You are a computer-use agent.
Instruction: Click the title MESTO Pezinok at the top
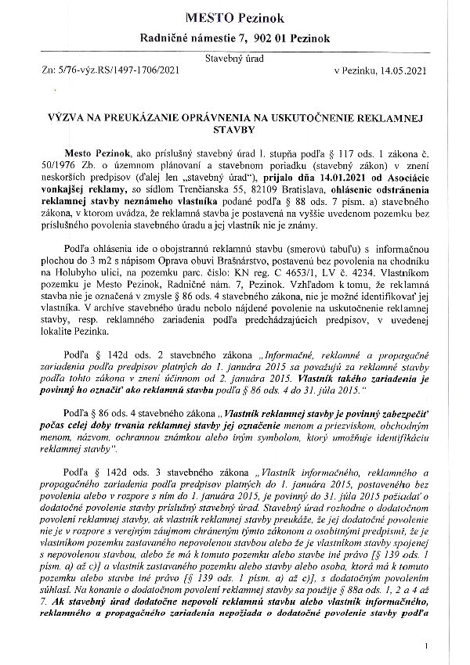[234, 16]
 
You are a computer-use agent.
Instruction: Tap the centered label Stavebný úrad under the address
[234, 59]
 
